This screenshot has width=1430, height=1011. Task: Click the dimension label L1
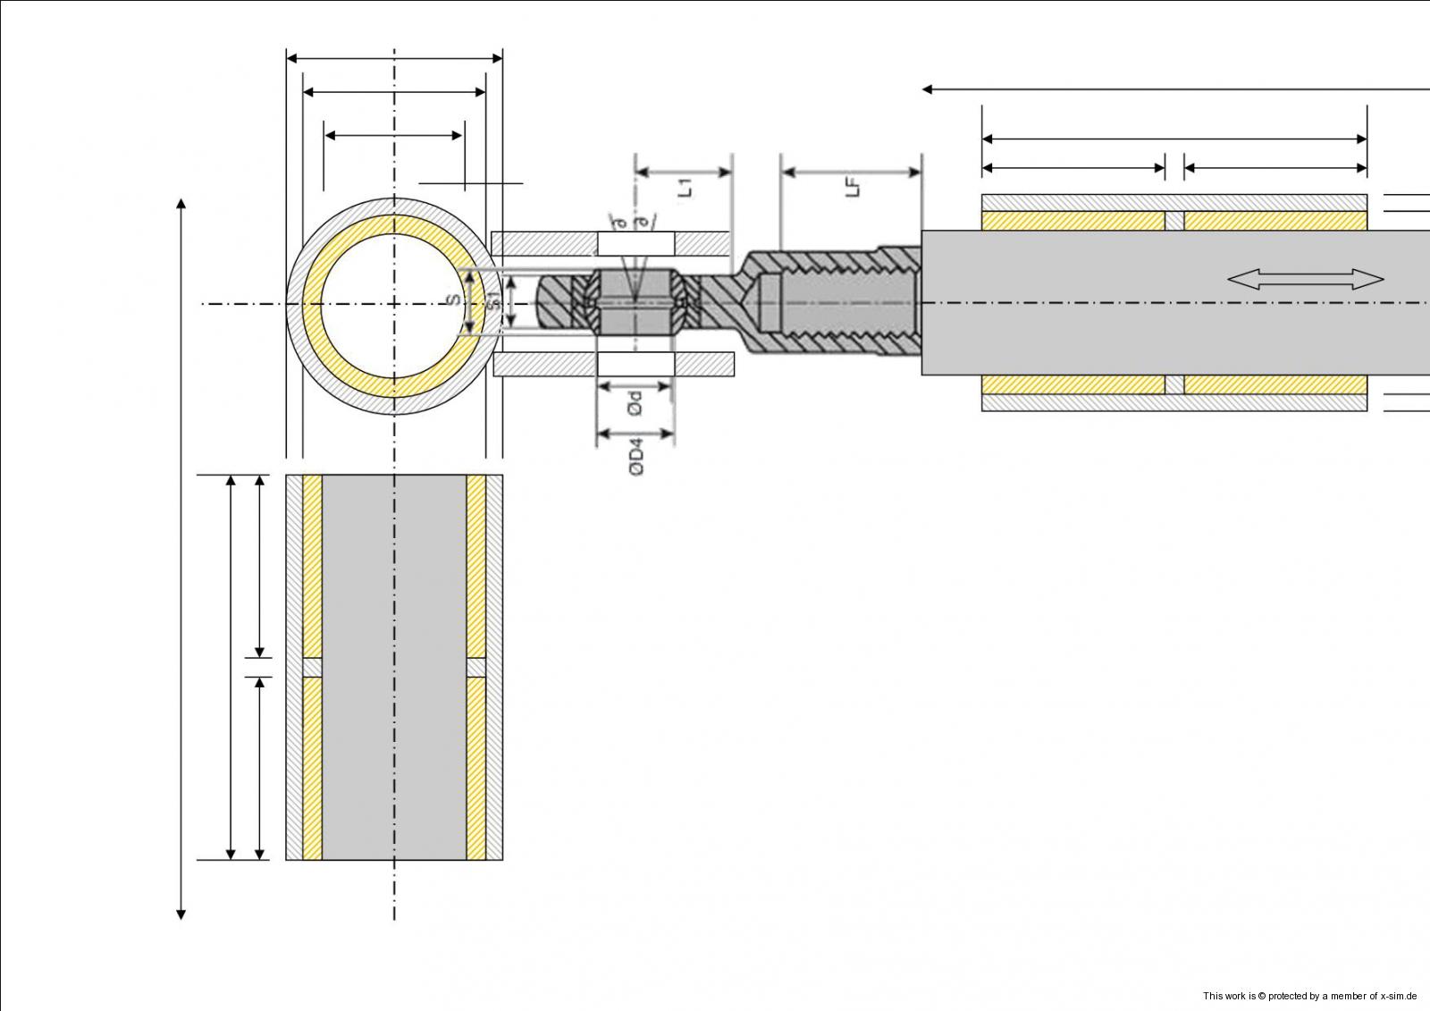[686, 188]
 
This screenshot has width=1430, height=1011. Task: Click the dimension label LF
[854, 188]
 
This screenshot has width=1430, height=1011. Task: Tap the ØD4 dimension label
[636, 455]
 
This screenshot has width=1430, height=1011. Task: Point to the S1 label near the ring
[493, 302]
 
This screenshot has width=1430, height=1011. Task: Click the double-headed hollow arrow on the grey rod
[1305, 280]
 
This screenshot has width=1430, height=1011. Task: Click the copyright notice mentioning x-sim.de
[1309, 996]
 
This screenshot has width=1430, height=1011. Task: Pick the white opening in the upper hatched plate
[635, 243]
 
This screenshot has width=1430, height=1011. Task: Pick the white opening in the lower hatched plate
[635, 364]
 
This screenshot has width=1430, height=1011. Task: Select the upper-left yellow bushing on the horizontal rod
[1072, 221]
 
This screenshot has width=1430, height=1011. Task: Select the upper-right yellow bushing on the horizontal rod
[1275, 221]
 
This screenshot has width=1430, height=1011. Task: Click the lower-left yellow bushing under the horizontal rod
[1072, 384]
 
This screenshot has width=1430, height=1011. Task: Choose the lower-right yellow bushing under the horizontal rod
[1275, 384]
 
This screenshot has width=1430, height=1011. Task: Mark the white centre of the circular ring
[394, 305]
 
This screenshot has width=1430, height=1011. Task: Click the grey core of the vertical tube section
[394, 667]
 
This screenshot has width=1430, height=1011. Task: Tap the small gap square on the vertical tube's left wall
[312, 668]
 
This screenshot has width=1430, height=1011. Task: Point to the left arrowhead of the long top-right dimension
[928, 89]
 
